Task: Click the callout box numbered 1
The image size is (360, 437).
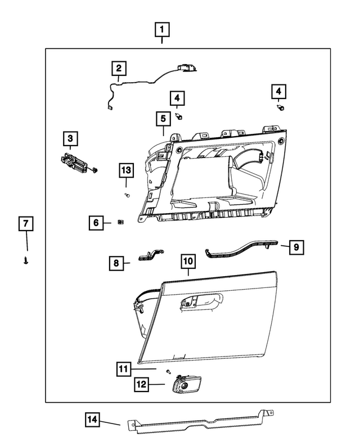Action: pos(162,29)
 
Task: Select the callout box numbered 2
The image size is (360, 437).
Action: pos(119,69)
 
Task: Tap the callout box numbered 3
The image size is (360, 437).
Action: pos(70,138)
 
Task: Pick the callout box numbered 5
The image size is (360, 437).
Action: pos(163,119)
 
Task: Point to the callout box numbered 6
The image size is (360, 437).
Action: pos(96,223)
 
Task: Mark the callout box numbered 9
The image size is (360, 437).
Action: pos(297,246)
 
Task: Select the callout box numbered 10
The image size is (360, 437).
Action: pos(187,262)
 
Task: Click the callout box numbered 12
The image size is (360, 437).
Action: pos(141,385)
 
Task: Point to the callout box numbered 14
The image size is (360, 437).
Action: pos(93,419)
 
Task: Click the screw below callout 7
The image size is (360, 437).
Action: pos(26,260)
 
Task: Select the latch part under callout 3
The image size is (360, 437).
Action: pos(75,163)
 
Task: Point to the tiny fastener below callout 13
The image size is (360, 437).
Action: pos(127,195)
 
